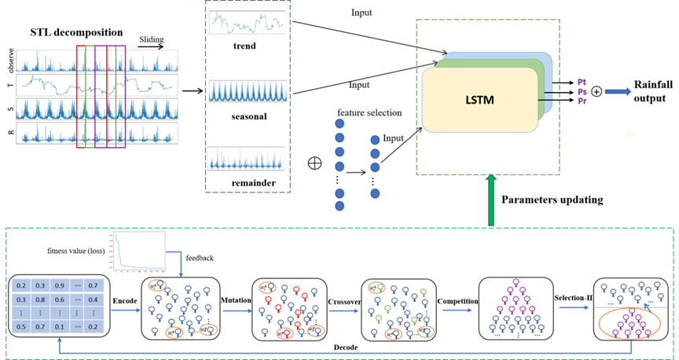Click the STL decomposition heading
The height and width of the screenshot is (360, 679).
[77, 32]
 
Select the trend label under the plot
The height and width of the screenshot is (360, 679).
[245, 46]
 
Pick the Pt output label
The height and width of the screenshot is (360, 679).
[582, 81]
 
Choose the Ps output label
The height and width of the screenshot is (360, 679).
[582, 91]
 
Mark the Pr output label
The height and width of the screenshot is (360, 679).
[582, 101]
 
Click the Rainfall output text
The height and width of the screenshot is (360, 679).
[648, 97]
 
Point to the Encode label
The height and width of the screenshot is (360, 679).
[126, 300]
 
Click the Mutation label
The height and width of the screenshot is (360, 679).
[233, 300]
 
